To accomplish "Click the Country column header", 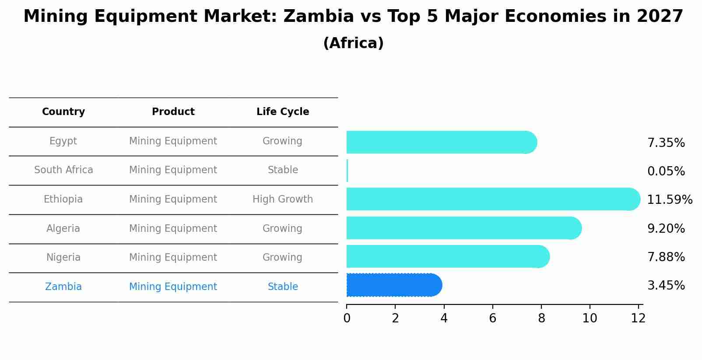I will click(x=63, y=112).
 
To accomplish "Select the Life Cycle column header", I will click(x=283, y=112).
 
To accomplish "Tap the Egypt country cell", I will click(x=63, y=141).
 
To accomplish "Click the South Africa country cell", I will click(x=63, y=170).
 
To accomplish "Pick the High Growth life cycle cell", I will click(x=283, y=199).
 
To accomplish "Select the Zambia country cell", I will click(x=63, y=287).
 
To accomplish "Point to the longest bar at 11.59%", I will click(x=492, y=199).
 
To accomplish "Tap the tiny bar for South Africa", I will click(x=347, y=171).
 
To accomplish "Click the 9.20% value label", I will click(x=666, y=229).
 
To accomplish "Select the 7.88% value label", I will click(x=666, y=257).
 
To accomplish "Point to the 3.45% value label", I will click(x=666, y=286).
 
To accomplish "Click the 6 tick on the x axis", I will click(x=493, y=318).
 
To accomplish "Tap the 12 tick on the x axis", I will click(x=638, y=318).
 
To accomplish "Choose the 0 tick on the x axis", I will click(x=347, y=318).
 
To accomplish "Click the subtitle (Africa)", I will click(x=353, y=43).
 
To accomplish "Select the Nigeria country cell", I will click(x=63, y=258).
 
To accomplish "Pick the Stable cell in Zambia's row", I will click(x=283, y=287).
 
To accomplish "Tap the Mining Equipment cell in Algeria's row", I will click(x=173, y=229).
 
